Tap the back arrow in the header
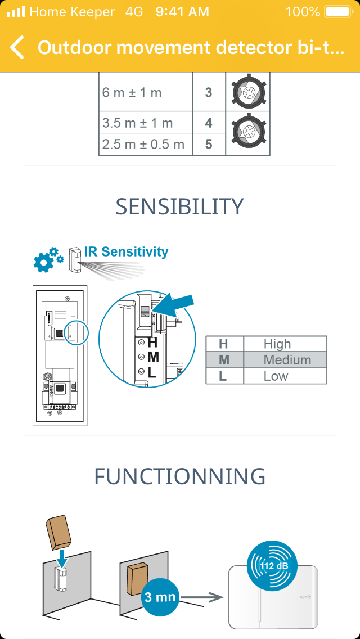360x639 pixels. (x=17, y=47)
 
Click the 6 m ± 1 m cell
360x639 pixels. (x=145, y=92)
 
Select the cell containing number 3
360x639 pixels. (x=209, y=92)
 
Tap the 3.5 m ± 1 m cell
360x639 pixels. (x=145, y=123)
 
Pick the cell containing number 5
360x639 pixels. (x=209, y=144)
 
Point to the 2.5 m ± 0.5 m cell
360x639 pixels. (x=145, y=144)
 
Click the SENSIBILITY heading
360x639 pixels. (x=180, y=206)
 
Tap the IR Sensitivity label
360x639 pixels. (x=126, y=251)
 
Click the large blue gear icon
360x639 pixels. (x=43, y=262)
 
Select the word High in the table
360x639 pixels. (x=277, y=344)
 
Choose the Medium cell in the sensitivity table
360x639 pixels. (x=287, y=360)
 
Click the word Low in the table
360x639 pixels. (x=276, y=376)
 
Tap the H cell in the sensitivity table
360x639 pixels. (x=223, y=344)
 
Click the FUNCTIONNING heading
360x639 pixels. (x=180, y=476)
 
